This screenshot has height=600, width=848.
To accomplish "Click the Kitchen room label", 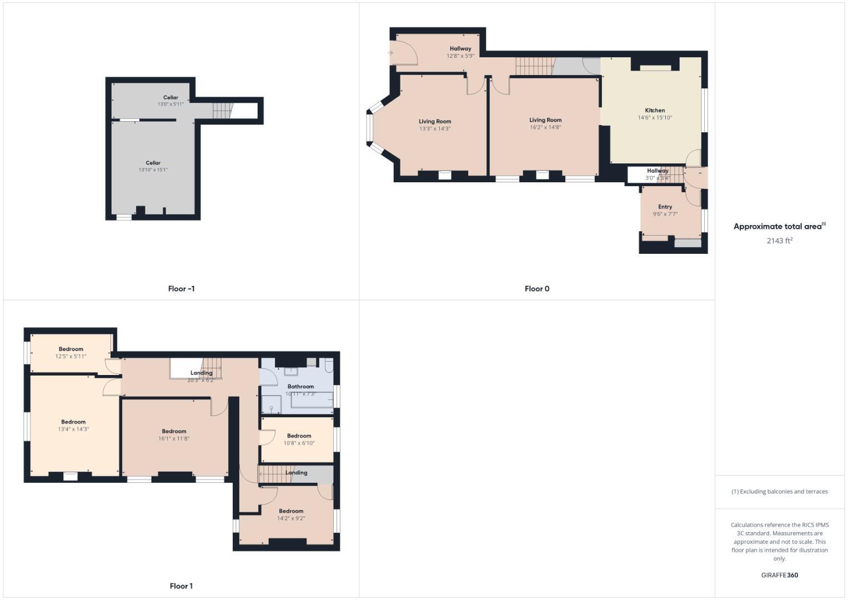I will click(655, 110).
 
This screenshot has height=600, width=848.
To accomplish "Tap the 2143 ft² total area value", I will click(779, 241).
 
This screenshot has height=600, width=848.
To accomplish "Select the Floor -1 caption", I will click(181, 289).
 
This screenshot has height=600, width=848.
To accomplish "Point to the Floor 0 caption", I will click(536, 289).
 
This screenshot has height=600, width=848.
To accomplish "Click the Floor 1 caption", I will click(181, 586).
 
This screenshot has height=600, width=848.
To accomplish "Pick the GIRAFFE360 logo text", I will click(779, 575).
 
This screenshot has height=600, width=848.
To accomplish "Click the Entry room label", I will click(665, 207).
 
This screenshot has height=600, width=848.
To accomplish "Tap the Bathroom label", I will click(300, 386).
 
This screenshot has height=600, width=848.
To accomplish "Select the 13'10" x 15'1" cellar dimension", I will click(153, 170).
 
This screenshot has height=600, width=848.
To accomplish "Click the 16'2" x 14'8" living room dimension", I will click(545, 127).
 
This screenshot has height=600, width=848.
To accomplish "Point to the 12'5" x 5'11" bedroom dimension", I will click(71, 356).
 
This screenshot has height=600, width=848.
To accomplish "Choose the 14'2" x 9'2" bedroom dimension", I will click(291, 518).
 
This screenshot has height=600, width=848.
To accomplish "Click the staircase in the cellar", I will click(222, 110).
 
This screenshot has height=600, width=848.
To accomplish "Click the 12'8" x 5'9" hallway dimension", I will click(460, 56).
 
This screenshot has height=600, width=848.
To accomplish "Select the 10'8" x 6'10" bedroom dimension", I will click(299, 443).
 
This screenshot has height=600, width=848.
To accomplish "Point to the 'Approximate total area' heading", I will click(779, 226).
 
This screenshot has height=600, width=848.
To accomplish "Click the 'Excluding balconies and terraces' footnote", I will click(779, 492).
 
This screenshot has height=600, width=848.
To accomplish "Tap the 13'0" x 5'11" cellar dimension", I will click(170, 104).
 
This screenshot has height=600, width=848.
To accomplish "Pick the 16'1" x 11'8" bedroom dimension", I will click(174, 438).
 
